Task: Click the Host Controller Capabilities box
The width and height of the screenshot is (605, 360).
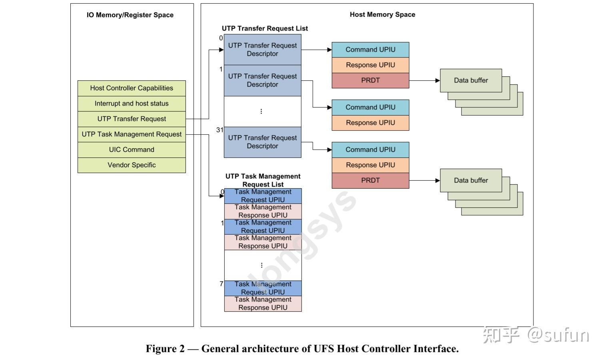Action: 132,88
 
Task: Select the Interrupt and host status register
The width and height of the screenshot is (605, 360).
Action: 132,103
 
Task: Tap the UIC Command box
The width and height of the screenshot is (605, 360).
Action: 132,150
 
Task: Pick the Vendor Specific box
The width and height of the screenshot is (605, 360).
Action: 132,165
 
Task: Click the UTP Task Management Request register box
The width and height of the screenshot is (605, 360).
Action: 132,134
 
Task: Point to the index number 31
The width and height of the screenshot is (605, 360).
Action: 220,130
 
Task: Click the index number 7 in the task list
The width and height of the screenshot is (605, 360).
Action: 222,284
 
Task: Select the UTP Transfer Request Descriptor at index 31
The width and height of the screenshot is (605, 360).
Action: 263,142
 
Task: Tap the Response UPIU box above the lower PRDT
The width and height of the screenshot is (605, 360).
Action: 370,165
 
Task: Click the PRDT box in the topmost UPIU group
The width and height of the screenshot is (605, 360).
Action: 370,80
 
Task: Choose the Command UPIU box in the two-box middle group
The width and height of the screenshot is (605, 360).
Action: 370,107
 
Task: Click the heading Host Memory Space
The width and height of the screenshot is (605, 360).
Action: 382,14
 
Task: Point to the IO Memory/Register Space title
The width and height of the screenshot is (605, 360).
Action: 130,15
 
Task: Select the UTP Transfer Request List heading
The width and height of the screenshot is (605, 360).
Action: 265,28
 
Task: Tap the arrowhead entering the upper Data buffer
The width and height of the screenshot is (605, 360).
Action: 437,80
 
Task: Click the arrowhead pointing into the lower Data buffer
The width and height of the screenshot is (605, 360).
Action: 437,181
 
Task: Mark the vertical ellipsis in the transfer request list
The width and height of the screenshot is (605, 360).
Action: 261,111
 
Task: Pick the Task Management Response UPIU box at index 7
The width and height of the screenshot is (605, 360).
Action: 263,304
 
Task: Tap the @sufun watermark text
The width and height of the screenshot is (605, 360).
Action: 558,336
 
